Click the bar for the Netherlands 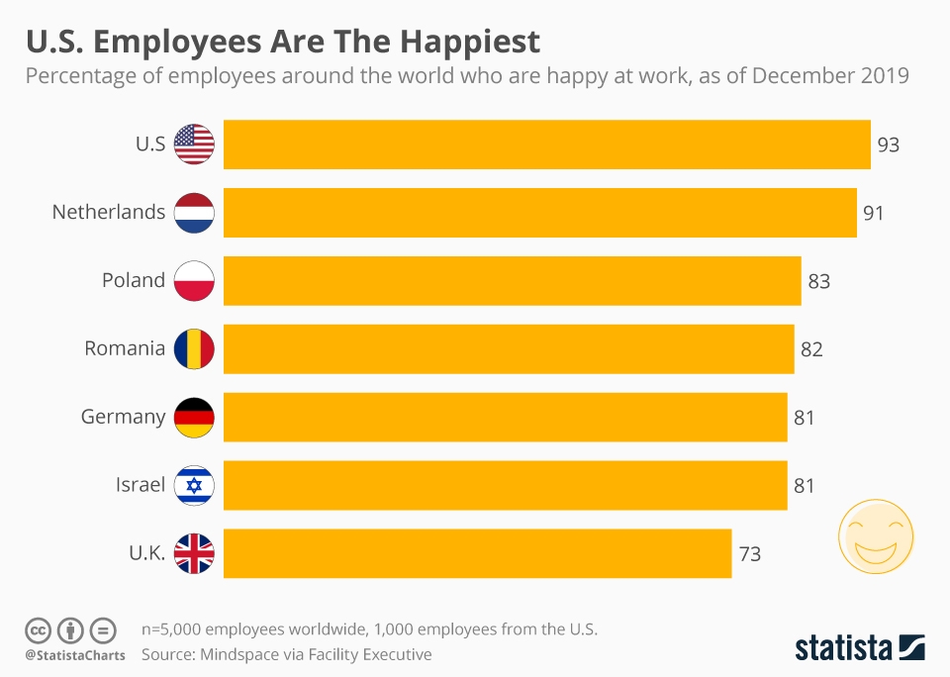539,213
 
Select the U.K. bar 477,553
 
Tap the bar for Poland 512,281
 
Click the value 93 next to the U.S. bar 888,145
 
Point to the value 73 749,554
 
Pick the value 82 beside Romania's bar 811,349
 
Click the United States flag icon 194,145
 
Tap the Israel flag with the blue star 194,485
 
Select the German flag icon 194,417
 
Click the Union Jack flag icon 194,553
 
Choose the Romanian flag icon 194,348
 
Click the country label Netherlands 109,212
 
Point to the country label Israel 141,485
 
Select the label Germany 123,417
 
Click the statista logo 859,647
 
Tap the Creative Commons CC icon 38,629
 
